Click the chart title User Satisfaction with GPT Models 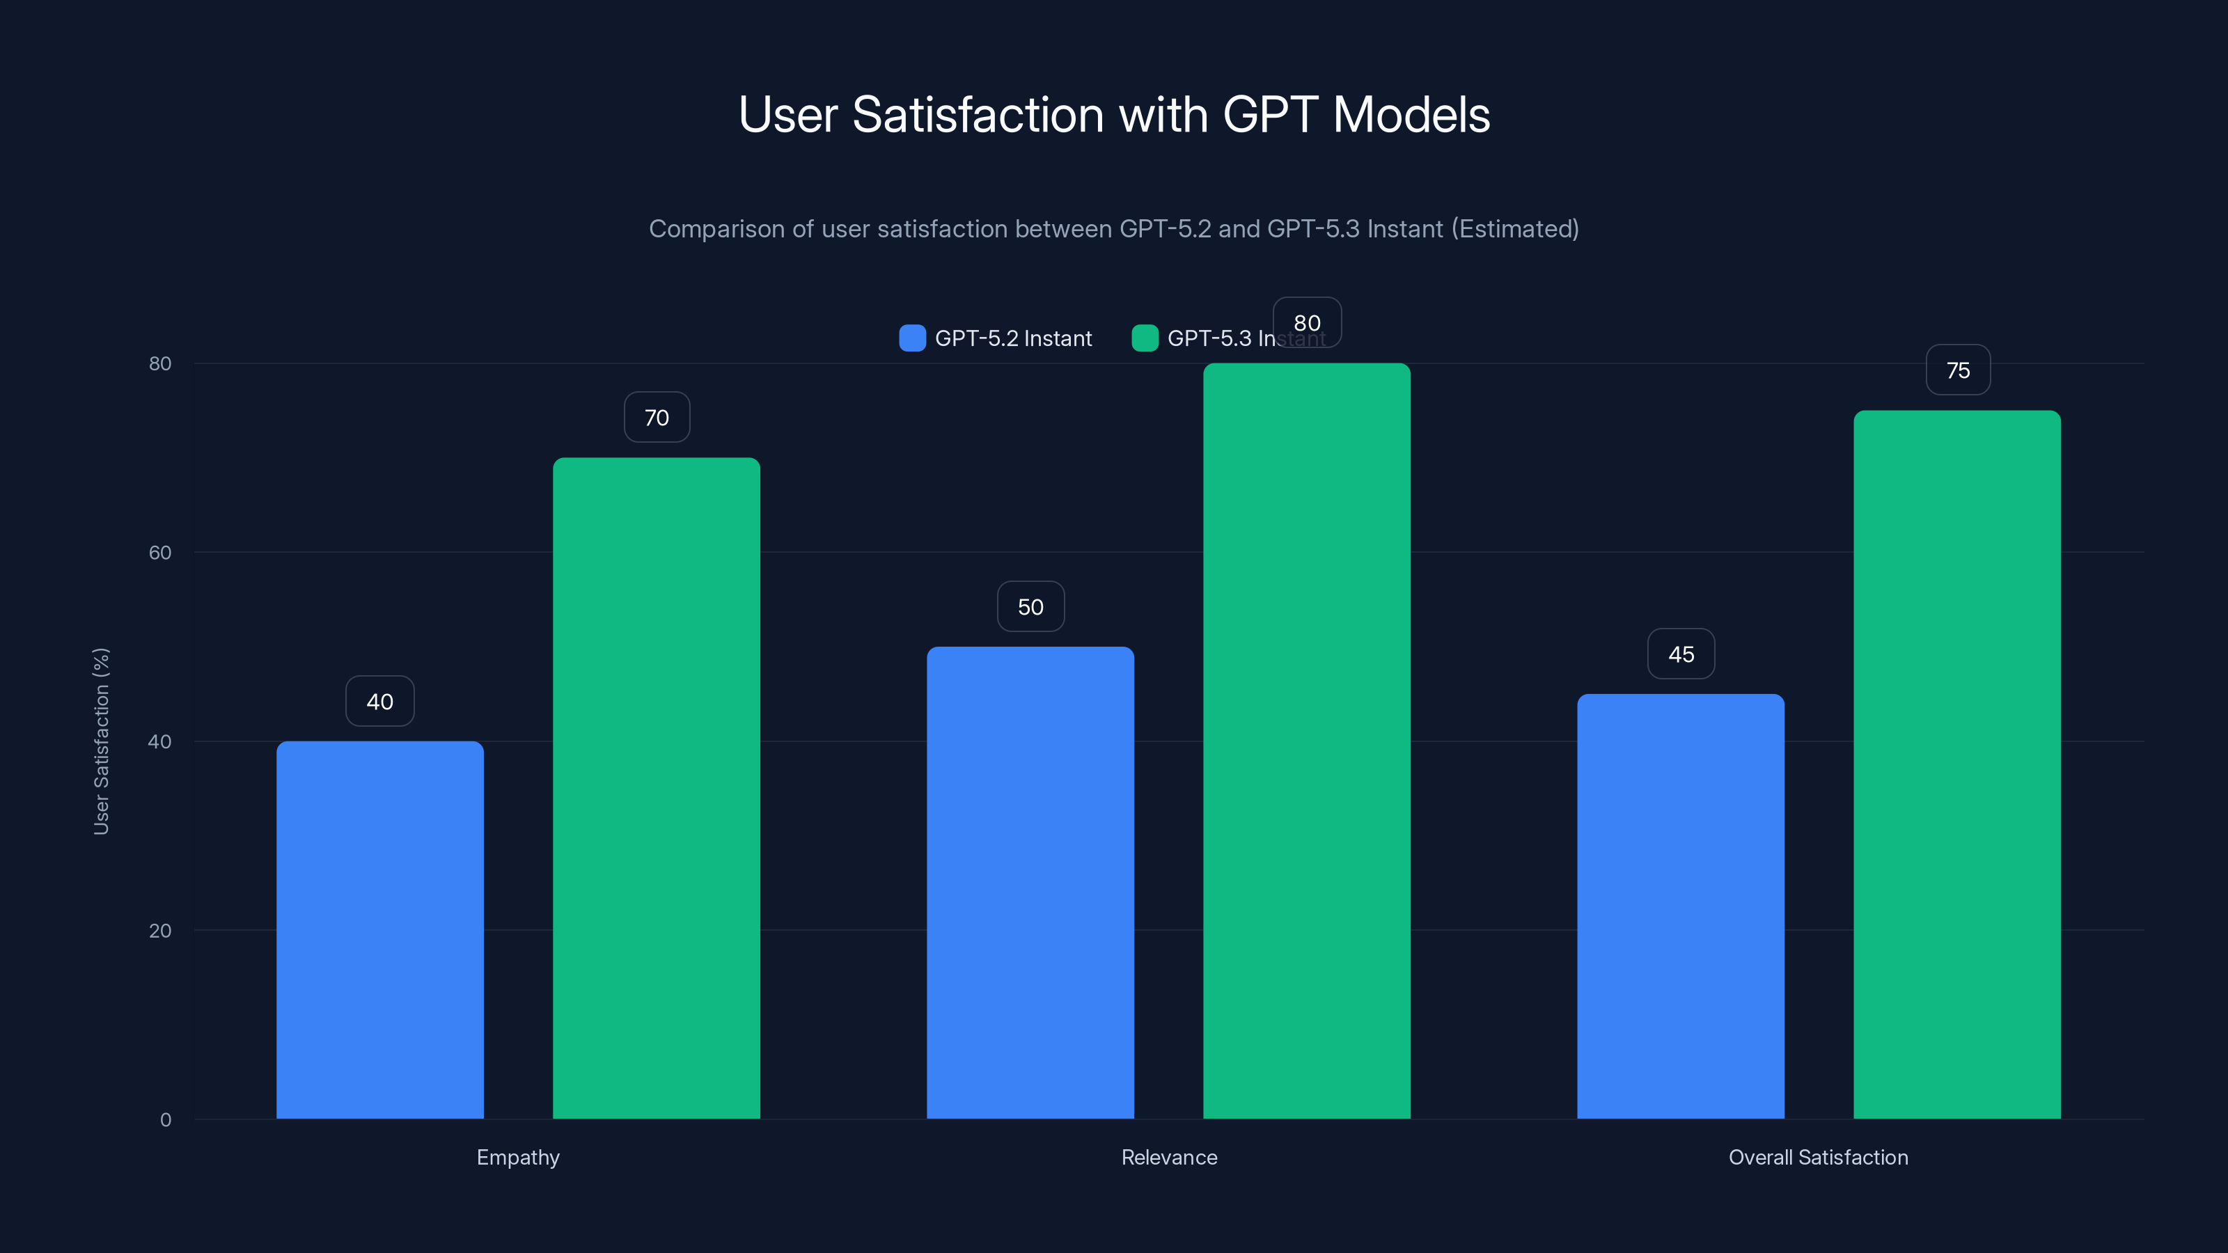coord(1114,115)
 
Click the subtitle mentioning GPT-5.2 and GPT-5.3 coord(1114,229)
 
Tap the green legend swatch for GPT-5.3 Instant coord(1144,338)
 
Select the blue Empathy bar coord(379,929)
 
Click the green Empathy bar coord(657,787)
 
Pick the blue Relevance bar coord(1030,882)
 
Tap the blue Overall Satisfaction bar coord(1681,906)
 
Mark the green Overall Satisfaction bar coord(1957,765)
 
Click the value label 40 coord(379,701)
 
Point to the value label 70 coord(657,418)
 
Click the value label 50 coord(1030,607)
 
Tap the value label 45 coord(1681,654)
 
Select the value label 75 coord(1957,371)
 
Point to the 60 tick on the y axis coord(160,553)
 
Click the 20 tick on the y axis coord(160,931)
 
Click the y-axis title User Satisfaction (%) coord(101,741)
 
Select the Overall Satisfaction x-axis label coord(1818,1157)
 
